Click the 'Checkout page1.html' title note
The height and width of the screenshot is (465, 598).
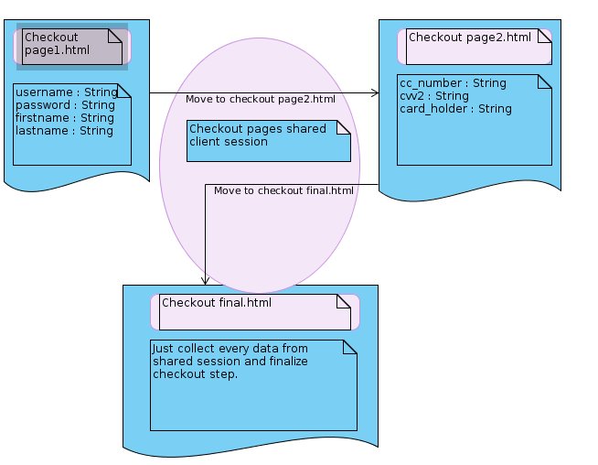(x=72, y=47)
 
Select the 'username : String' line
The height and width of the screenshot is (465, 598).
(x=67, y=92)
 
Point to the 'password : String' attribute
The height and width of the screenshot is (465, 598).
(x=65, y=105)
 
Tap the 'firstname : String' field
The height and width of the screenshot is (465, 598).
(x=65, y=118)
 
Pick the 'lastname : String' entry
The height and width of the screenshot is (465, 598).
(x=64, y=131)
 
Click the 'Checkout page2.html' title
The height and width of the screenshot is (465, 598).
(x=470, y=38)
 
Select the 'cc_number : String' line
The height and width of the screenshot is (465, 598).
(x=454, y=83)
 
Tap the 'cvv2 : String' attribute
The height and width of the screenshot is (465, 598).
(x=434, y=96)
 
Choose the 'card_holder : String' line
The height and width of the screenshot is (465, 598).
(x=455, y=109)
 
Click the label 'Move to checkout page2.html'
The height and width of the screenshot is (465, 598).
(x=261, y=99)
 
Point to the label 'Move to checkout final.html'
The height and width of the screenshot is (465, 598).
(x=283, y=190)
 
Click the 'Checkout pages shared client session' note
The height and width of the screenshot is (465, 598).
(x=269, y=141)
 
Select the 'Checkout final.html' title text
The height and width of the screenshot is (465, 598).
(x=217, y=303)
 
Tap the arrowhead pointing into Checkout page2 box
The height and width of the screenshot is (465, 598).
(x=375, y=92)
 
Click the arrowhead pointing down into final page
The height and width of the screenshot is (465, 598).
(x=205, y=281)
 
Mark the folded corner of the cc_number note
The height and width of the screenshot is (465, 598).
(x=545, y=81)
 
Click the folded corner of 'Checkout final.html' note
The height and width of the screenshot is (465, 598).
(x=344, y=301)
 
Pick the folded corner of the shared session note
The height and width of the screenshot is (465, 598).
(x=344, y=127)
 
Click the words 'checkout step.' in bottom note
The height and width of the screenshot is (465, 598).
(x=196, y=374)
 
